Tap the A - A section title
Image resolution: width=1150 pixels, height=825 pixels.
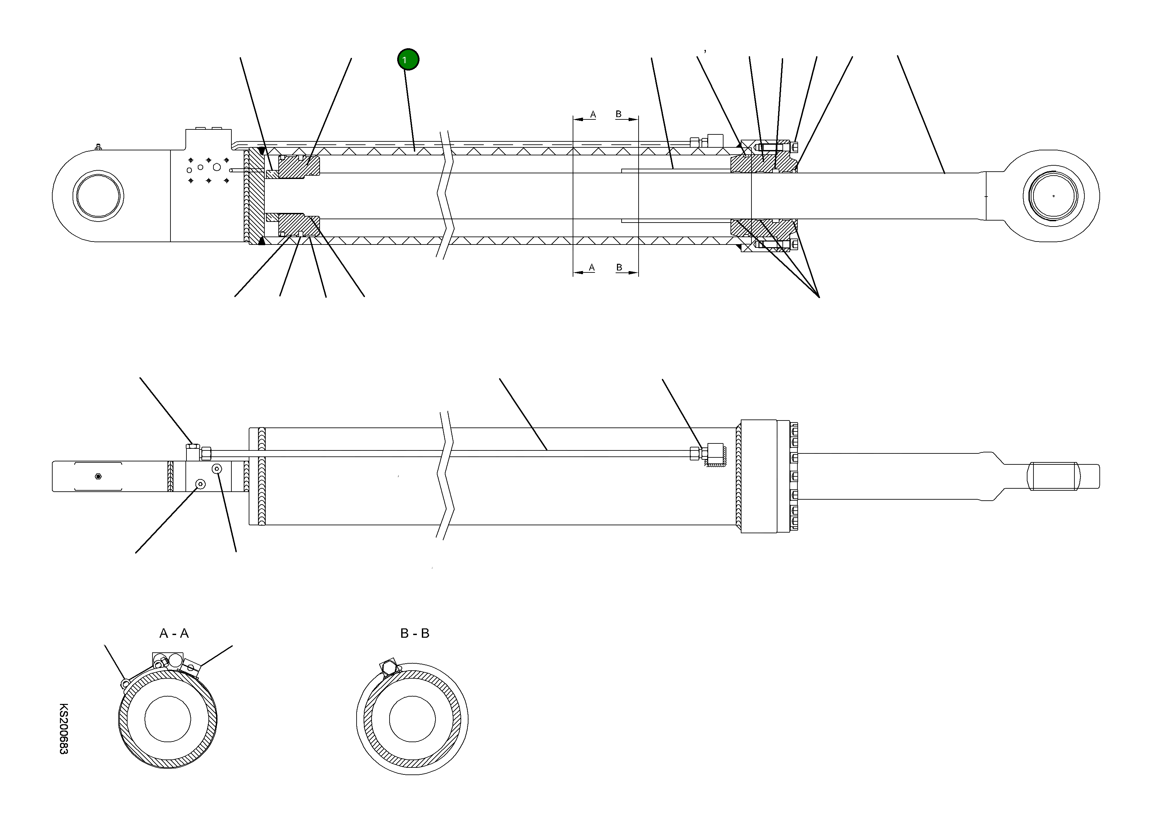point(174,633)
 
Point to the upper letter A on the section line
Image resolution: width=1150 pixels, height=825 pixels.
point(593,114)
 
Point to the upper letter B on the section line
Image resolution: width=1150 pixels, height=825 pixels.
point(619,114)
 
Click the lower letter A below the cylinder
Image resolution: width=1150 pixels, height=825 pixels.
point(591,267)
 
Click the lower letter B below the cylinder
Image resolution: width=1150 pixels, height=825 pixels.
point(619,267)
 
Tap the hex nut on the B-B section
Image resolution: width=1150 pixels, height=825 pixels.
point(389,669)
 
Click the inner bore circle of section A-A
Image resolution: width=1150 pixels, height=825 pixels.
point(167,719)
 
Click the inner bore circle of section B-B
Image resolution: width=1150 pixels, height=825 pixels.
point(412,719)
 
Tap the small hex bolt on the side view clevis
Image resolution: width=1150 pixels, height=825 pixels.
point(98,476)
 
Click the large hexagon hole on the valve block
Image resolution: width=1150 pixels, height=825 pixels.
point(216,167)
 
